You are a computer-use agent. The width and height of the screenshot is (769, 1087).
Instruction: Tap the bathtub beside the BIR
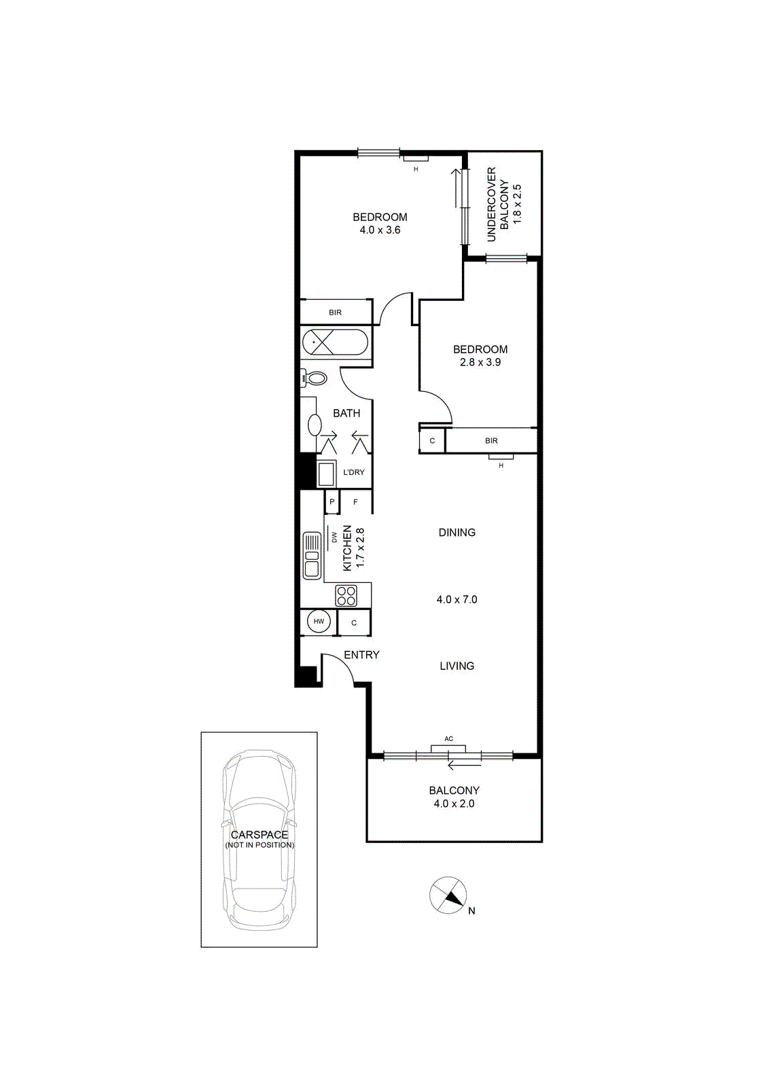click(335, 342)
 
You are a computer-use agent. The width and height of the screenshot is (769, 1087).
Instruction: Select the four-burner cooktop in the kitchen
click(346, 595)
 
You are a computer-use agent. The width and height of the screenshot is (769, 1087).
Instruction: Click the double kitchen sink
click(312, 556)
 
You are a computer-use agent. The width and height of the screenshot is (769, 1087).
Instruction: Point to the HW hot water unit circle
click(319, 622)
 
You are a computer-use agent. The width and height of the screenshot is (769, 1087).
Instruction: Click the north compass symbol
click(448, 896)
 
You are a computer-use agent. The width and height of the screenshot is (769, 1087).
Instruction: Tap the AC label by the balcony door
click(449, 738)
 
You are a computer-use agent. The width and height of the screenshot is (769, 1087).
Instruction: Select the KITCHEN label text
click(347, 548)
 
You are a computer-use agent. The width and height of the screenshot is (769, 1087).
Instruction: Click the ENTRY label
click(361, 655)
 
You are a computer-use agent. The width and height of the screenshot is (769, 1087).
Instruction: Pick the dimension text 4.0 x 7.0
click(457, 599)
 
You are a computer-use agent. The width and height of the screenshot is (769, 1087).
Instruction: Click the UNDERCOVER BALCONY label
click(498, 204)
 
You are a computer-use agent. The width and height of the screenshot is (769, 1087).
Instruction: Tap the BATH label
click(346, 413)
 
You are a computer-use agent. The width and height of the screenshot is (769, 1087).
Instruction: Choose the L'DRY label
click(354, 472)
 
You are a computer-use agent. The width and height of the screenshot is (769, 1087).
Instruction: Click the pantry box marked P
click(332, 502)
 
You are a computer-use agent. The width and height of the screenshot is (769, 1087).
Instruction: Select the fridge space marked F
click(356, 502)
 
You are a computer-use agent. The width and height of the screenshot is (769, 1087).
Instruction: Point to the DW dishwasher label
click(334, 537)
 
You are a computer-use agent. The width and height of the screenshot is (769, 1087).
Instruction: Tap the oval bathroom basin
click(315, 425)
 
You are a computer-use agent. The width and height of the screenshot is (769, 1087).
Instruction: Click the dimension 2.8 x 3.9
click(480, 362)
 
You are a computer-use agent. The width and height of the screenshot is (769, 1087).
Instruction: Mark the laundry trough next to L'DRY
click(326, 473)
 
